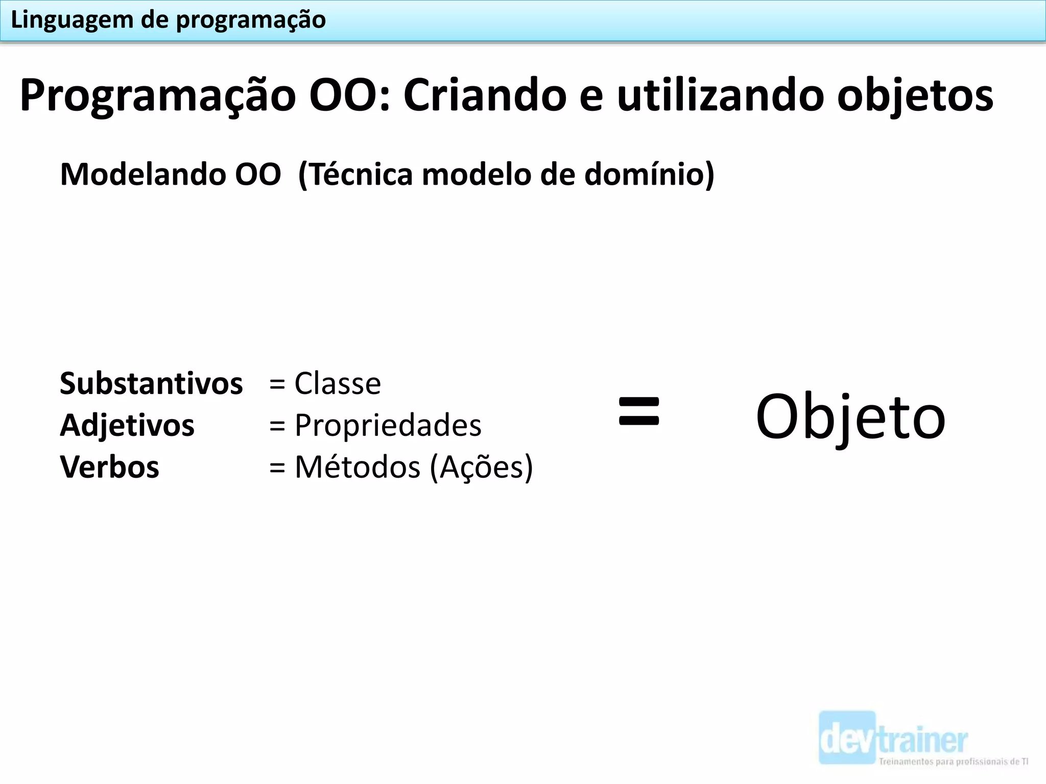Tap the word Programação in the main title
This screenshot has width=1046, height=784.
(x=157, y=96)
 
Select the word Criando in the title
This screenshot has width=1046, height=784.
(x=485, y=95)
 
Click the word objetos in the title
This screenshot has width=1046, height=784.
(x=915, y=96)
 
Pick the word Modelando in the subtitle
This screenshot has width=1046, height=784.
(x=142, y=175)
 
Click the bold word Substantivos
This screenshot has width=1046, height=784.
(x=151, y=383)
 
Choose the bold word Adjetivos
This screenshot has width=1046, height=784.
(x=127, y=425)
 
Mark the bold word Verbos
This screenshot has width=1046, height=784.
(x=109, y=467)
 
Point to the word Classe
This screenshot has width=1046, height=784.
(x=338, y=383)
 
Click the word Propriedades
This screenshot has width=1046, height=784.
(x=388, y=425)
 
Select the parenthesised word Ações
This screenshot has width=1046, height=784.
(x=481, y=467)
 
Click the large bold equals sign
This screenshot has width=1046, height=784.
(x=639, y=411)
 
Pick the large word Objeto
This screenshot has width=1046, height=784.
(x=850, y=418)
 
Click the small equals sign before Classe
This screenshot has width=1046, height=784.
(x=277, y=384)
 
